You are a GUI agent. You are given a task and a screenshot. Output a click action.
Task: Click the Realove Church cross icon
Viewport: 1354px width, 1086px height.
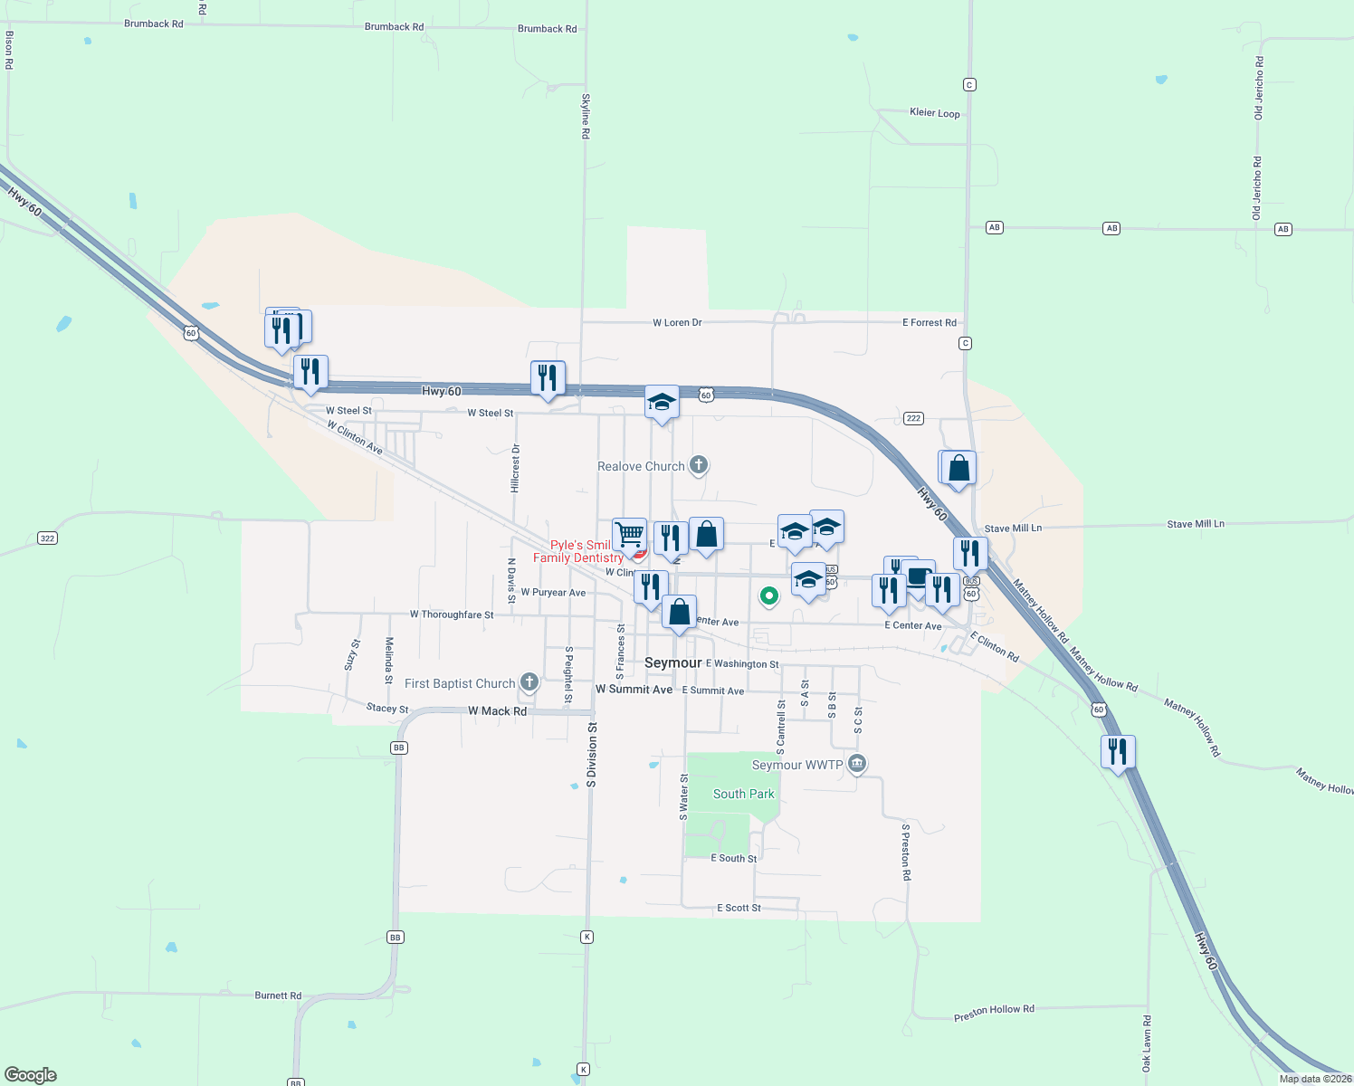tap(698, 465)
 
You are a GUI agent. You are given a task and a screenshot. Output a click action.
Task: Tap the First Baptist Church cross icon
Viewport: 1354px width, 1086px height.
tap(529, 682)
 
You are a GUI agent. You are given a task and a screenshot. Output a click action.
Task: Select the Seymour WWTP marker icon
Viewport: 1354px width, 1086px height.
tap(857, 764)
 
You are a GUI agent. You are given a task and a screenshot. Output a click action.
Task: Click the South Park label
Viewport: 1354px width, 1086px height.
tap(743, 794)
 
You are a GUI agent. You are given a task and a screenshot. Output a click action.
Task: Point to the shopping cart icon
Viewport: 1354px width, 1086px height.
tap(629, 534)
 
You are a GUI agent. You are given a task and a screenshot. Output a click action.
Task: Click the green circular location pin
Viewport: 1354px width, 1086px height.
tap(768, 595)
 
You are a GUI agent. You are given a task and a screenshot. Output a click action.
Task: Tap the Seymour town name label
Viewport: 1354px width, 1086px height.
tap(672, 662)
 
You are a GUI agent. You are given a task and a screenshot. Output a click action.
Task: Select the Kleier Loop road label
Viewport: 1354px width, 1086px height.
tap(934, 113)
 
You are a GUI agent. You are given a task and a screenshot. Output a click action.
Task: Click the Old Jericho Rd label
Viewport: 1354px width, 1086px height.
tap(1257, 88)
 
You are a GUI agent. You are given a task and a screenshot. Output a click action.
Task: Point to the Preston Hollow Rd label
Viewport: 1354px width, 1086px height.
tap(993, 1012)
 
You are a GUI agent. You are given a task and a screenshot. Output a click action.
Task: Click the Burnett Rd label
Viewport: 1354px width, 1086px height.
tap(278, 995)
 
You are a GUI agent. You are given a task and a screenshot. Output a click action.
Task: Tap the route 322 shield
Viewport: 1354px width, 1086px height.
tap(47, 538)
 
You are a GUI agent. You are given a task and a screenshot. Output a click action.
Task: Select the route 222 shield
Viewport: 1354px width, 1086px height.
tap(913, 418)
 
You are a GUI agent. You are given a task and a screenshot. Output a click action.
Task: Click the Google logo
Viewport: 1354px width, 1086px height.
tap(31, 1075)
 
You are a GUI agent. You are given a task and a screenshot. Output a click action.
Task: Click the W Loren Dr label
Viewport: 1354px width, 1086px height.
tap(677, 322)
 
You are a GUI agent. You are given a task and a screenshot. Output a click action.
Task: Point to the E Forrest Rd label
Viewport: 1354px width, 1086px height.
tap(929, 322)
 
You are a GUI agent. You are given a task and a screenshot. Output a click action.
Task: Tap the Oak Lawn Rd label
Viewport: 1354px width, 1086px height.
tap(1147, 1043)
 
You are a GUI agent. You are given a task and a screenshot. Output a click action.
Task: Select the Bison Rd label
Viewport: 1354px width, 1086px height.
tap(9, 50)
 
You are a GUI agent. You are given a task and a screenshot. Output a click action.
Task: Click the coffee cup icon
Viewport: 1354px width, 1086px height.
tap(919, 576)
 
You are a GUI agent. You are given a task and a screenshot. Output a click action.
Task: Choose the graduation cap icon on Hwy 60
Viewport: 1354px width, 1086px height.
tap(662, 402)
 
